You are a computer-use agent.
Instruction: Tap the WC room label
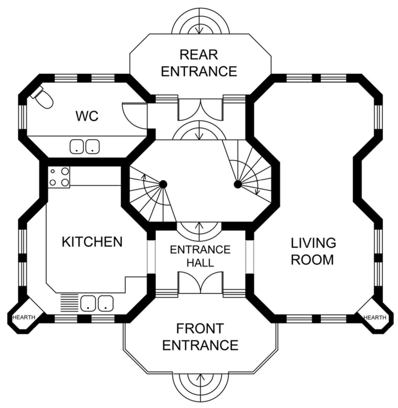(x=87, y=116)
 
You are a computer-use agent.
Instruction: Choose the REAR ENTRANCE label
(x=199, y=63)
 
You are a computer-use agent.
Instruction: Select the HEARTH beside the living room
(x=375, y=317)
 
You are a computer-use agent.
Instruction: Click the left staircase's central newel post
(x=163, y=184)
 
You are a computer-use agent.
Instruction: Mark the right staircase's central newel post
(x=238, y=184)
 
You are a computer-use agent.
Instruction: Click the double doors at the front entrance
(x=200, y=282)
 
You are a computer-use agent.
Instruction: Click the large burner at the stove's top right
(x=65, y=171)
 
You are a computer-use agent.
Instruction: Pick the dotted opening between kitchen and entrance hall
(x=151, y=257)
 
